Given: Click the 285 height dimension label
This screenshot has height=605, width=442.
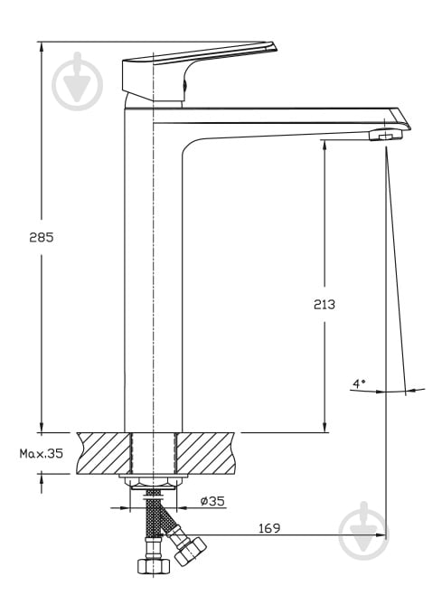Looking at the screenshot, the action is point(42,237).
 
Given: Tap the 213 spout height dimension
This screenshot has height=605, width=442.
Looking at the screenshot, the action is point(324,305).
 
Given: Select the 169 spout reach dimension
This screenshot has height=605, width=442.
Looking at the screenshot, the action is point(269,528).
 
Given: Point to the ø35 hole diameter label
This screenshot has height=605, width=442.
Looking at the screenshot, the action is point(212,501).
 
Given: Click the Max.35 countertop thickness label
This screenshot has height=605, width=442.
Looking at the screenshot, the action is point(42,453).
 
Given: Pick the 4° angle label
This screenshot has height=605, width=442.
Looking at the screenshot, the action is point(359,383).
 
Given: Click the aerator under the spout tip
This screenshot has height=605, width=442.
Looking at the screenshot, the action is point(385,136).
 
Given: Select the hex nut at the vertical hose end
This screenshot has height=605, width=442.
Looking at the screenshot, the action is point(154,565).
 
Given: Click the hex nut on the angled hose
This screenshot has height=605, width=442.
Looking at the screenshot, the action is point(190,551).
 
